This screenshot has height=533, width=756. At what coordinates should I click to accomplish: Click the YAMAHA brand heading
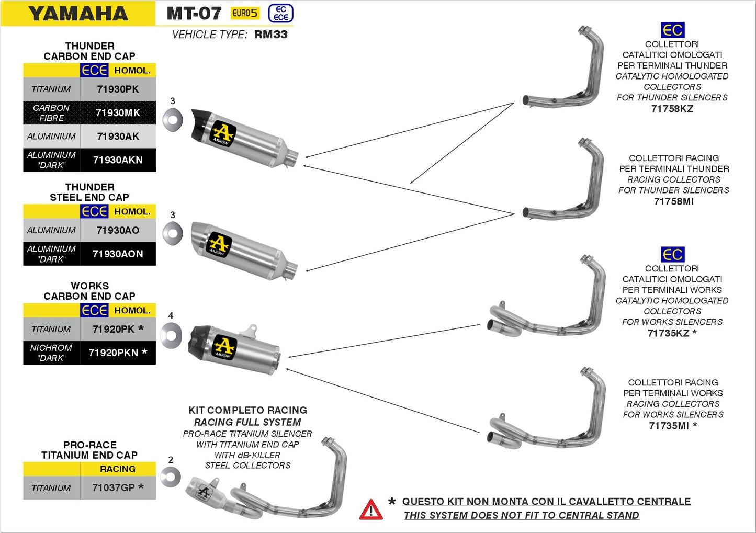[x=78, y=14]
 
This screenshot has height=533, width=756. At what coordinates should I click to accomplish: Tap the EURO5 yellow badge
[x=245, y=13]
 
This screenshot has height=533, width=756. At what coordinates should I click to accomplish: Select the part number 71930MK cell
[x=118, y=112]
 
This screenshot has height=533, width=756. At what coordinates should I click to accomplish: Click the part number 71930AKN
[x=118, y=160]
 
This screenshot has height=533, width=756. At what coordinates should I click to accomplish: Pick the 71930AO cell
[x=118, y=230]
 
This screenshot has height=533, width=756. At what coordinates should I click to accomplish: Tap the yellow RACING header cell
[x=118, y=469]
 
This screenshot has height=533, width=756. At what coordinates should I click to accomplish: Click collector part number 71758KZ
[x=672, y=109]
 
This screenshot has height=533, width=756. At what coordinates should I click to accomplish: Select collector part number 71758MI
[x=673, y=201]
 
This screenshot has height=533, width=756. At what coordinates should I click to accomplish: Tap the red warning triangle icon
[x=371, y=509]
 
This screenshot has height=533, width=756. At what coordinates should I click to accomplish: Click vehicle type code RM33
[x=270, y=35]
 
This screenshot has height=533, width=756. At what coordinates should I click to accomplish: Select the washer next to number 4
[x=171, y=335]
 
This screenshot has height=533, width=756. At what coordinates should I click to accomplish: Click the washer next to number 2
[x=171, y=477]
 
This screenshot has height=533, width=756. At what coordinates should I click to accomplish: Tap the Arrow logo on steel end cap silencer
[x=219, y=244]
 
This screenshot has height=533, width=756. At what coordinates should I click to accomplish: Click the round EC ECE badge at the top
[x=280, y=13]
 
